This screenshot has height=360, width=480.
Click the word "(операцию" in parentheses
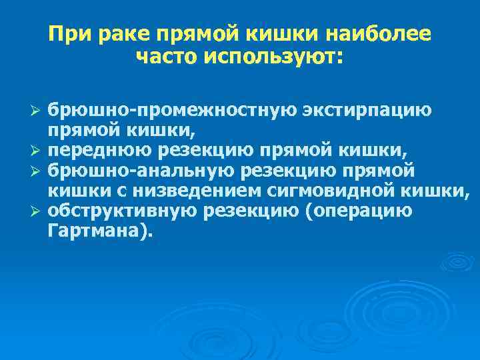358,211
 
